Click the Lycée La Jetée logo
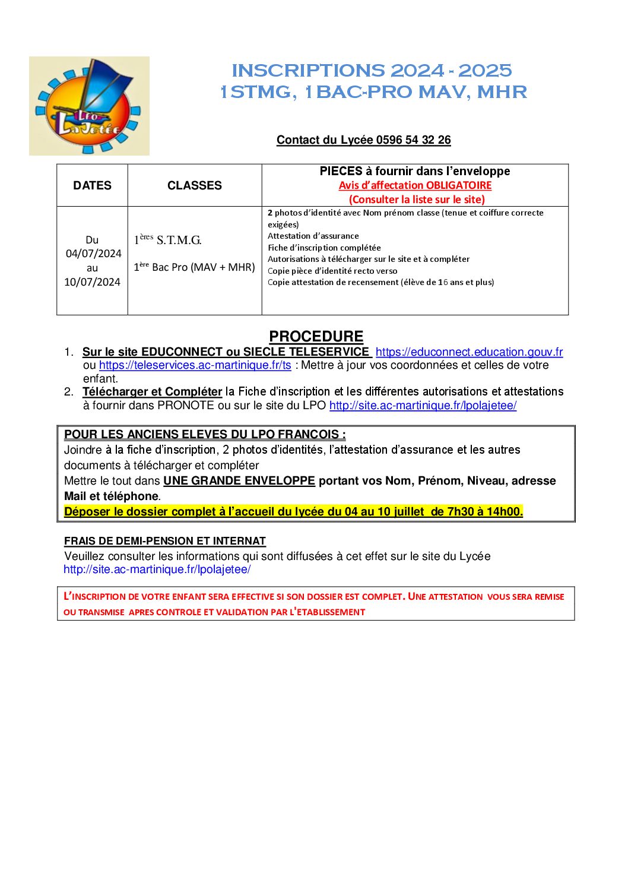[x=89, y=106]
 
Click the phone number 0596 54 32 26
[x=413, y=140]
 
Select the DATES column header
[x=92, y=186]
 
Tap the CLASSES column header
[x=195, y=186]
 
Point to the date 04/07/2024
[x=93, y=254]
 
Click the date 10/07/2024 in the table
[x=92, y=282]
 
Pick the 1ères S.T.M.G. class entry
[x=168, y=241]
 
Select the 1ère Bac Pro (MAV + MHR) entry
[x=195, y=267]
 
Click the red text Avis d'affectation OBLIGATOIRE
[x=415, y=185]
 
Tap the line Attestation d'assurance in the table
[x=313, y=236]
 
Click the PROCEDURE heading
[x=316, y=337]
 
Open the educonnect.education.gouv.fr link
[x=469, y=352]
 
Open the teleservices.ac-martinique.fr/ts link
[x=195, y=365]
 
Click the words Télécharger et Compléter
[x=152, y=392]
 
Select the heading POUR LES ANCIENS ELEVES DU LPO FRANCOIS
[x=205, y=435]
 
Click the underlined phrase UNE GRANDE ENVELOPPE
[x=239, y=481]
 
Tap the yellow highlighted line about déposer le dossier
[x=293, y=512]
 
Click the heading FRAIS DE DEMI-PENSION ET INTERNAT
[x=165, y=541]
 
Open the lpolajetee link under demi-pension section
[x=157, y=570]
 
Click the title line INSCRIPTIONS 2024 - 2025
[x=372, y=71]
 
